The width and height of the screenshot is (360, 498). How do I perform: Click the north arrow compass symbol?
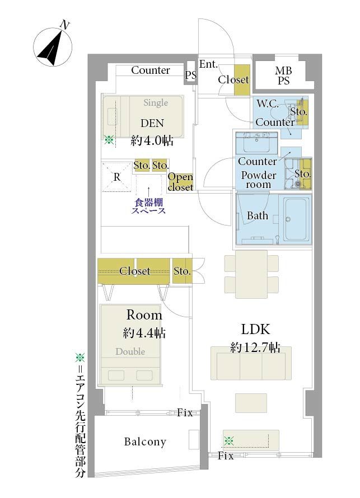(x=53, y=46)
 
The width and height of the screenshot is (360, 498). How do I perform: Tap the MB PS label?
(x=283, y=76)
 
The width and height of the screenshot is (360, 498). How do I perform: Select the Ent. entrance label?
(x=208, y=64)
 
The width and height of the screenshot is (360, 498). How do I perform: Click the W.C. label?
(x=268, y=104)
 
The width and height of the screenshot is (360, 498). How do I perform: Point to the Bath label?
(x=258, y=215)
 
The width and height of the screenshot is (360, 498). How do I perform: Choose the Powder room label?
(x=258, y=180)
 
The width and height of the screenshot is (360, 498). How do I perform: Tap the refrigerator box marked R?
(x=116, y=177)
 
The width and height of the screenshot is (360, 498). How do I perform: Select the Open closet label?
(x=180, y=182)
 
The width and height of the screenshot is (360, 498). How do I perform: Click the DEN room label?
(x=152, y=123)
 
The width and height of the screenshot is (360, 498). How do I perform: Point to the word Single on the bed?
(x=156, y=102)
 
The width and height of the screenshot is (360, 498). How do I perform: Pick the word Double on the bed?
(x=130, y=351)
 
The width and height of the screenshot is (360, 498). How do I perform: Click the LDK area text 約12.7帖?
(x=255, y=347)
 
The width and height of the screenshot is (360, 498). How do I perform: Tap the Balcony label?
(x=145, y=442)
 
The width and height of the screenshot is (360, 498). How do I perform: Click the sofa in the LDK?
(x=251, y=363)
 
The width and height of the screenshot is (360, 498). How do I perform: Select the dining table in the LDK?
(x=251, y=274)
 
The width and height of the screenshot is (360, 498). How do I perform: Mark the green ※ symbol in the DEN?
(x=109, y=140)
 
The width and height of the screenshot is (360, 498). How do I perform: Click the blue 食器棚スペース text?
(x=148, y=206)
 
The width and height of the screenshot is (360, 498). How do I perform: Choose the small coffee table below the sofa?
(x=251, y=403)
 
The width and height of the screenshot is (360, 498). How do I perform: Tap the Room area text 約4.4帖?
(x=144, y=333)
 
